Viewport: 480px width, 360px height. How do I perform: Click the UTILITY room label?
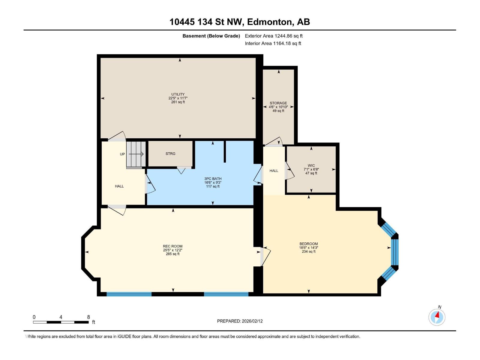click(178, 94)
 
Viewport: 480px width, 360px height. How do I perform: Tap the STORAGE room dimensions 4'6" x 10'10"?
click(278, 107)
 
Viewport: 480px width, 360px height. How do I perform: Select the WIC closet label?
click(311, 166)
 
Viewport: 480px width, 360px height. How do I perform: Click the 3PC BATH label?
click(213, 179)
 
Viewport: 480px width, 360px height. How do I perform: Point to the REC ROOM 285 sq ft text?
click(172, 254)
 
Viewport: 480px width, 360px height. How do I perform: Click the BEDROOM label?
click(308, 244)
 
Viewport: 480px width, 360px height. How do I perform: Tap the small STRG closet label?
click(170, 154)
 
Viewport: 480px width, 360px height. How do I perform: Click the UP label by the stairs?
click(122, 154)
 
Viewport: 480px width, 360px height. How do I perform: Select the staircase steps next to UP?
click(136, 154)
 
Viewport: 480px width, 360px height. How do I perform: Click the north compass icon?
click(437, 317)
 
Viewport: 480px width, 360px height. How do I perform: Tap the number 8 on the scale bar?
click(88, 317)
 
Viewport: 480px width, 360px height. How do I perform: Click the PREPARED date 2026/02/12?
click(240, 321)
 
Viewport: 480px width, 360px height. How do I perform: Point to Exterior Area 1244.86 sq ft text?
click(274, 36)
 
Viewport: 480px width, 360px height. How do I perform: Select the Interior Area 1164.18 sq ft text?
click(273, 43)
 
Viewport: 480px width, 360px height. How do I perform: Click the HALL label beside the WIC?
click(274, 171)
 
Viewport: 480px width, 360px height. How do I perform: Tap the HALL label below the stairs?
click(119, 186)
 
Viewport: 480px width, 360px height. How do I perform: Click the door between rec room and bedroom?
click(265, 256)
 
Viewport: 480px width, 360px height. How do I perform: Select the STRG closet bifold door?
click(181, 170)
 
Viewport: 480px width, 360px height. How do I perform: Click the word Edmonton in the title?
click(270, 22)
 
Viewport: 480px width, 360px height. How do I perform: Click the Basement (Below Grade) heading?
click(211, 36)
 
